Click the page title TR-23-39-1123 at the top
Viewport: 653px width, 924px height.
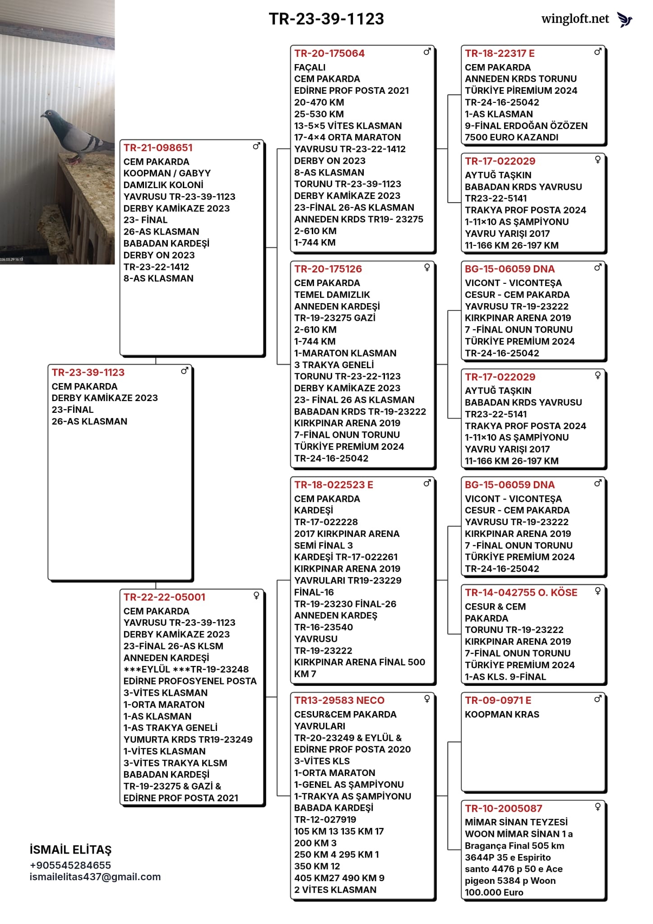click(326, 19)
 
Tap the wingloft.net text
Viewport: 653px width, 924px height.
click(575, 19)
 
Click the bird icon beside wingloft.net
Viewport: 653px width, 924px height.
click(625, 19)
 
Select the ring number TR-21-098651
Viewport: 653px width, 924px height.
click(158, 148)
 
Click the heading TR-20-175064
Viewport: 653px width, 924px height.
click(329, 54)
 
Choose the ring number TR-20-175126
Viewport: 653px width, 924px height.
click(328, 269)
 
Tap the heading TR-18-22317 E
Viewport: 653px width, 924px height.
click(500, 54)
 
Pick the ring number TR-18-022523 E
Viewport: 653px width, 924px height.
click(333, 485)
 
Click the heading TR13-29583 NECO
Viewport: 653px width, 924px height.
click(339, 701)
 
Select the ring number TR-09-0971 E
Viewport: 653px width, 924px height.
click(498, 701)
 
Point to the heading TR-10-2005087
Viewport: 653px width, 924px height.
click(504, 808)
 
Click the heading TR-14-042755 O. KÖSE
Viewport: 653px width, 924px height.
click(521, 593)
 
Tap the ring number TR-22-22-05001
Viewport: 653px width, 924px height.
click(164, 597)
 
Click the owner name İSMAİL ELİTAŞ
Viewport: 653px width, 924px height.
click(70, 850)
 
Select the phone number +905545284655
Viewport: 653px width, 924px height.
click(70, 865)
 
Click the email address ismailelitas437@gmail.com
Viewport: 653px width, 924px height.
click(95, 877)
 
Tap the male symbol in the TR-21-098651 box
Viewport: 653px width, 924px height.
click(256, 146)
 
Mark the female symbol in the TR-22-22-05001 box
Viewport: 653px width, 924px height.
click(256, 596)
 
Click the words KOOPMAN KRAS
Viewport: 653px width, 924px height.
click(502, 715)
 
